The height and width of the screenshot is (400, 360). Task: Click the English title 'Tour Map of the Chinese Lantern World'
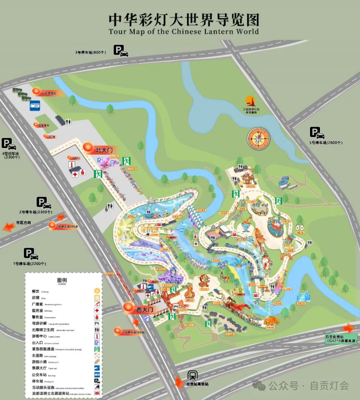tap(183, 32)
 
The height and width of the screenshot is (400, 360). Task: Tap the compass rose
tap(257, 138)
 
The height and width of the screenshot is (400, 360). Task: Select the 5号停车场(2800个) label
tap(325, 143)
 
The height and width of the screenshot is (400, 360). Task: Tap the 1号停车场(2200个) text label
tap(29, 264)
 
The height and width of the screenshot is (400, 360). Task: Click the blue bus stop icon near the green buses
tap(35, 106)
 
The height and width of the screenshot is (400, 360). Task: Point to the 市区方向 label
tap(23, 223)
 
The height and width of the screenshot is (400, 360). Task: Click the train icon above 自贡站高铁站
tap(192, 375)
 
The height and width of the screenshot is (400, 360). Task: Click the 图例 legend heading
tap(62, 280)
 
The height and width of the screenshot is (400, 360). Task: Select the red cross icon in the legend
tap(97, 311)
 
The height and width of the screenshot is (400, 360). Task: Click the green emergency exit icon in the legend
tap(97, 349)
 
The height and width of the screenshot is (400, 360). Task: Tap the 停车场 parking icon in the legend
tap(97, 381)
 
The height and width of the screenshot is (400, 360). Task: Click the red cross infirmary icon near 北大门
tap(75, 174)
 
